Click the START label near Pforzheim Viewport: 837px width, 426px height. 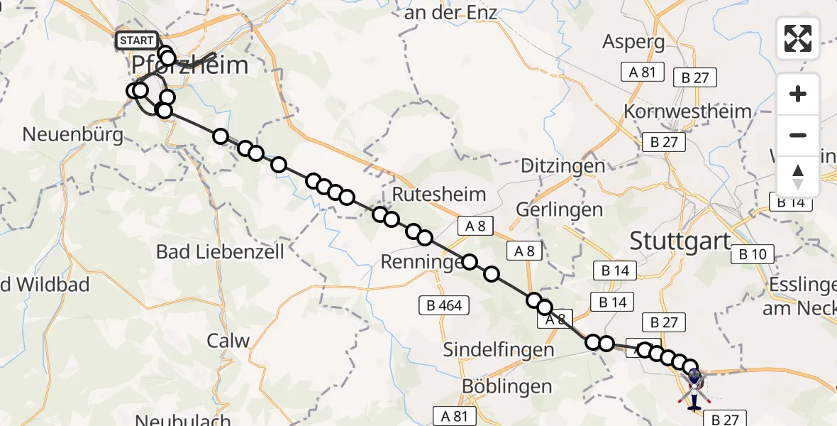137,40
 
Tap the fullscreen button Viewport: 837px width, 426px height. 798,38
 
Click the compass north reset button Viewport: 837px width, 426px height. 798,177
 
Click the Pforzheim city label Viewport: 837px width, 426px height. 190,66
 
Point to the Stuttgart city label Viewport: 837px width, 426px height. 680,241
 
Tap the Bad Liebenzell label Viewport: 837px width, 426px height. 220,251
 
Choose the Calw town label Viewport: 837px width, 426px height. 228,341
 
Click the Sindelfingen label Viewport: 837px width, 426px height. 499,350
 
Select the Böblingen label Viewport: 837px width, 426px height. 506,387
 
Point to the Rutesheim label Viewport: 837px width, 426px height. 439,195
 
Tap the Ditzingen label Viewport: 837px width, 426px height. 563,166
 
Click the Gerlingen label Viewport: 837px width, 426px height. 560,209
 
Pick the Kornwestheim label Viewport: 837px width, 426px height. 687,111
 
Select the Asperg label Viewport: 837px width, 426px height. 633,42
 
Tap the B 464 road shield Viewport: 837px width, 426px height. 444,306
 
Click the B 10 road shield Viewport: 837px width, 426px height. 753,254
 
